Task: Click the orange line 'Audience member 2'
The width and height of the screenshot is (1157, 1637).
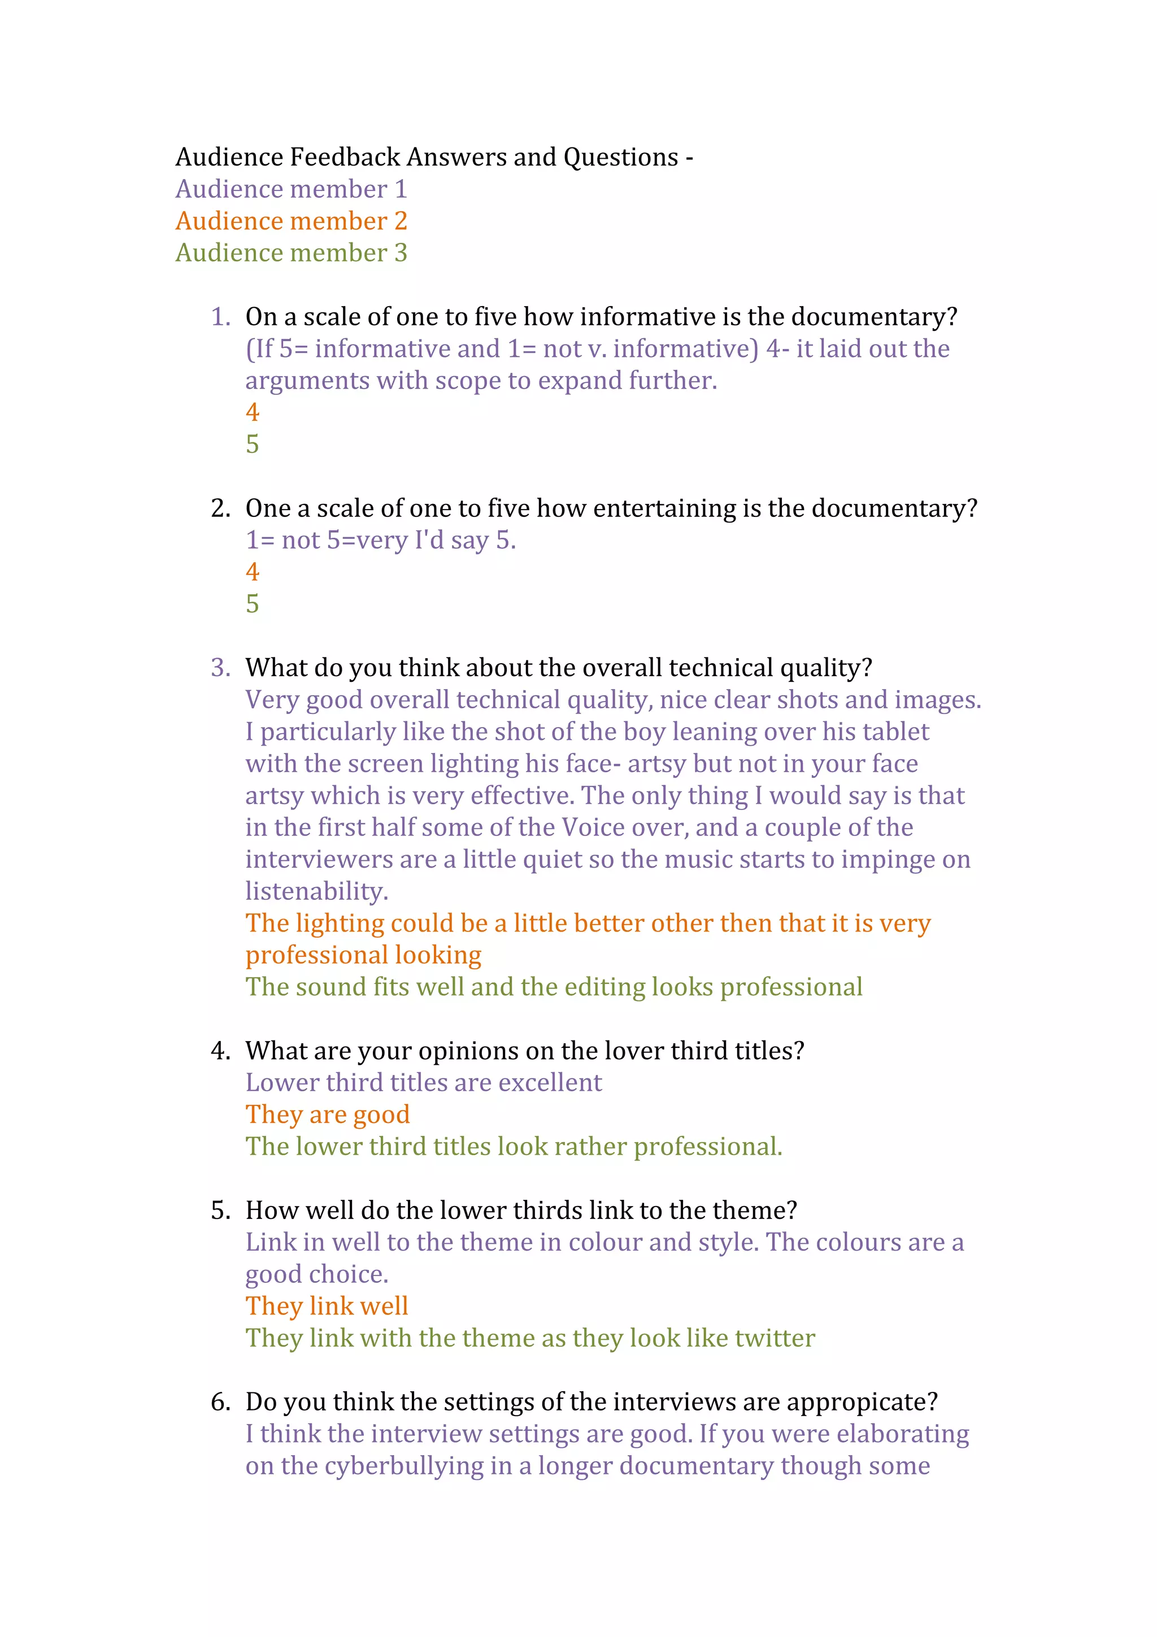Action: (291, 221)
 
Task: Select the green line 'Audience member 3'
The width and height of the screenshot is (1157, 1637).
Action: (291, 253)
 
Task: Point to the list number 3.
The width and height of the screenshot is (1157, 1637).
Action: (220, 668)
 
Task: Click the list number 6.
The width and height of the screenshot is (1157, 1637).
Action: (220, 1403)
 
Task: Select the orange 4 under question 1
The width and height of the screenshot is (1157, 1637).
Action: (253, 412)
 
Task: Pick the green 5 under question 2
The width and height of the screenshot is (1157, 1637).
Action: (253, 604)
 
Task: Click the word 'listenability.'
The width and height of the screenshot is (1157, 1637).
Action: (316, 891)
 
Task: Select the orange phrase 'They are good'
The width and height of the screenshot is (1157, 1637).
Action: (327, 1115)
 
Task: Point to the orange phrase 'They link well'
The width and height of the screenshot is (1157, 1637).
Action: (327, 1306)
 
